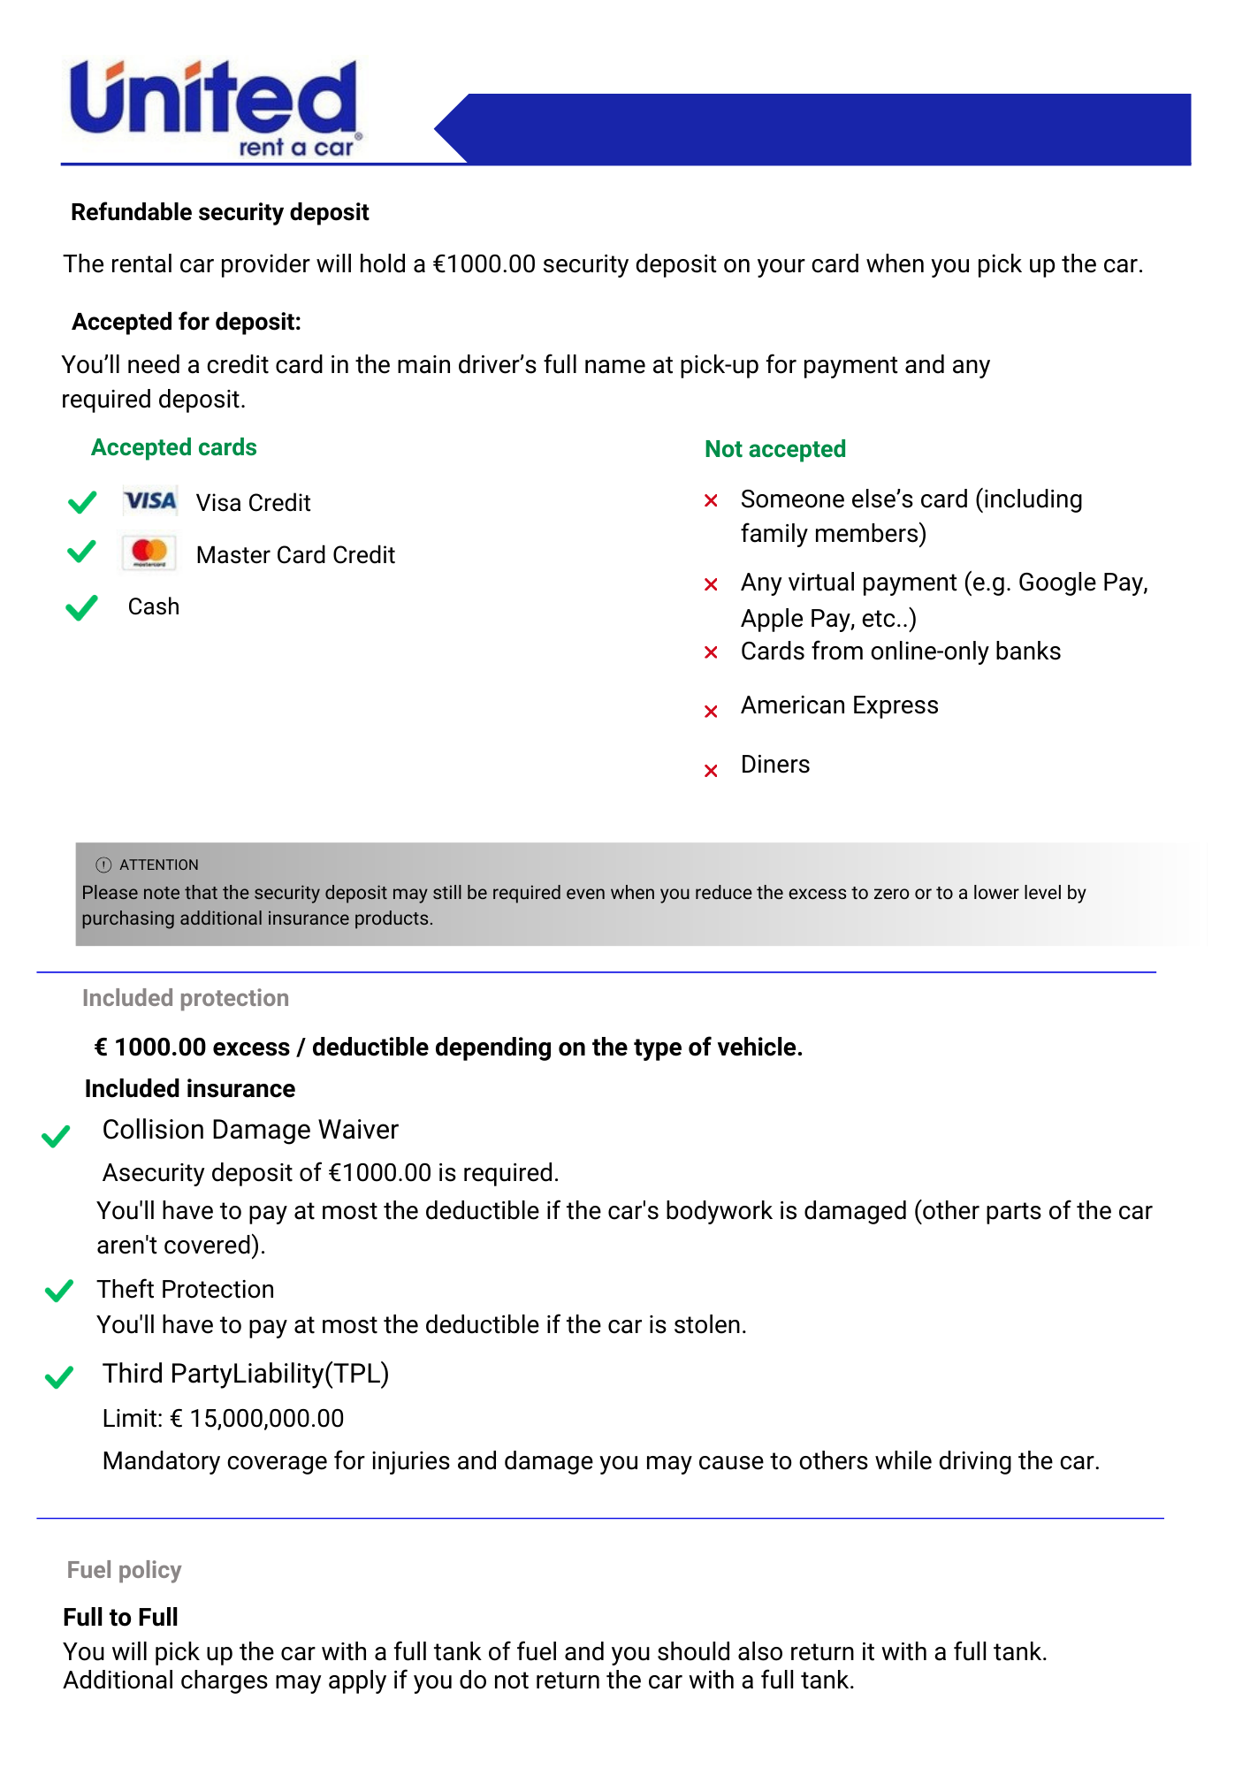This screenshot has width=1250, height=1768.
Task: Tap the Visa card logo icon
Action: (150, 501)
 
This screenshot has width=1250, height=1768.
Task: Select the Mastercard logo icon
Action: (149, 553)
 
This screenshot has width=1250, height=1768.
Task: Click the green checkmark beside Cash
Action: (81, 607)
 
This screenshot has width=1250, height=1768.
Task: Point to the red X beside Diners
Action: (711, 771)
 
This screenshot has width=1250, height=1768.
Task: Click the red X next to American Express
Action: (711, 712)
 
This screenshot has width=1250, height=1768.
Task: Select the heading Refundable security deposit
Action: (219, 212)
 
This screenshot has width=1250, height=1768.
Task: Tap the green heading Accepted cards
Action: (173, 447)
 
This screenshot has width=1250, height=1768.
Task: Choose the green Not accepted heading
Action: (774, 449)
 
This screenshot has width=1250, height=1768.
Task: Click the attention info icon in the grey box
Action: (103, 865)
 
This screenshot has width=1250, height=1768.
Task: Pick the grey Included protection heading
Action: (185, 998)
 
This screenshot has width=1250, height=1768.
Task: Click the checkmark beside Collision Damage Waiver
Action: (56, 1136)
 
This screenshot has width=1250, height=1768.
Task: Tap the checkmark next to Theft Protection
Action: (58, 1292)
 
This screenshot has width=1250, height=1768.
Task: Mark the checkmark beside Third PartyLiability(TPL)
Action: (58, 1377)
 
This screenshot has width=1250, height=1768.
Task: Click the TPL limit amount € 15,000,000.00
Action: (256, 1419)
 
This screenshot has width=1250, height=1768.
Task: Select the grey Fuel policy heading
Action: (124, 1570)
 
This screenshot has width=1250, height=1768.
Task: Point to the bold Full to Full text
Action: (120, 1617)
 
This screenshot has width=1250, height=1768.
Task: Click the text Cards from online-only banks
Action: (900, 652)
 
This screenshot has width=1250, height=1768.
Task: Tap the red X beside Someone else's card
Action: (711, 501)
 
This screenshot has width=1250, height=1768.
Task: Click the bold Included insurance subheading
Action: (189, 1089)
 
